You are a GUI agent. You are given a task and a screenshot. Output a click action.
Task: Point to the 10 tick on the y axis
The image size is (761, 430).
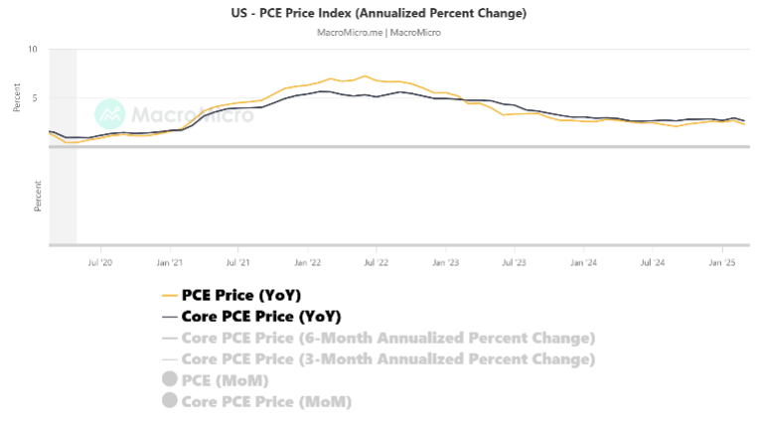[33, 50]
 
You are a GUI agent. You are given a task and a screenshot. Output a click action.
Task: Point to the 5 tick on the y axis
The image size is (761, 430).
[34, 98]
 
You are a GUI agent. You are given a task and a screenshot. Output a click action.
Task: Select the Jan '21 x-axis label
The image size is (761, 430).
[170, 263]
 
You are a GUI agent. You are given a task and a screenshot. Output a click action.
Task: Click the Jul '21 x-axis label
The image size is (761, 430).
[238, 263]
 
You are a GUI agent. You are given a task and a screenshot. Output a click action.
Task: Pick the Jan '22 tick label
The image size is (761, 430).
[307, 263]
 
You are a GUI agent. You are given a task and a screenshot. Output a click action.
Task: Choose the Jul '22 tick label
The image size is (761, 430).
[376, 263]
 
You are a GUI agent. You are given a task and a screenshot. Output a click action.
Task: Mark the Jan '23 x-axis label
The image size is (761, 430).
[445, 263]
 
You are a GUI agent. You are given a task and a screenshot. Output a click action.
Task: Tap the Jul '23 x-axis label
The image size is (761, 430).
[514, 263]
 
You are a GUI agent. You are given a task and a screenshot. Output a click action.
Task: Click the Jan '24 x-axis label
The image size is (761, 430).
[583, 263]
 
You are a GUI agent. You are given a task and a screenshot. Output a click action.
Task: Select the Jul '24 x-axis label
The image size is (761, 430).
[652, 263]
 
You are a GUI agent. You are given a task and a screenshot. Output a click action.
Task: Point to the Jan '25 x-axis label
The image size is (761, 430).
[721, 263]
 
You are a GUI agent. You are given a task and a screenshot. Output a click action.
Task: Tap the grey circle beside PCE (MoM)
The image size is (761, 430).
[169, 379]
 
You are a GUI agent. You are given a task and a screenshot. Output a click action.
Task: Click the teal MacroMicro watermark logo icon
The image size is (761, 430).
[109, 114]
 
